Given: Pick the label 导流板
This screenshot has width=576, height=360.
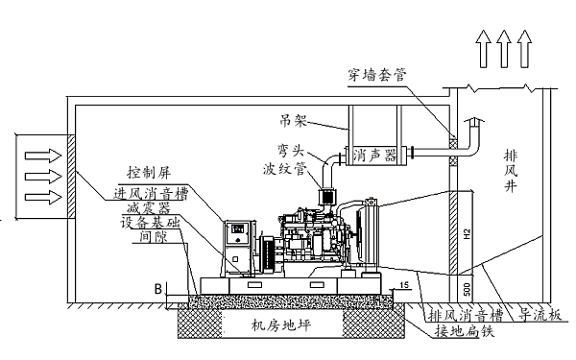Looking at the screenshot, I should [540, 313].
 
